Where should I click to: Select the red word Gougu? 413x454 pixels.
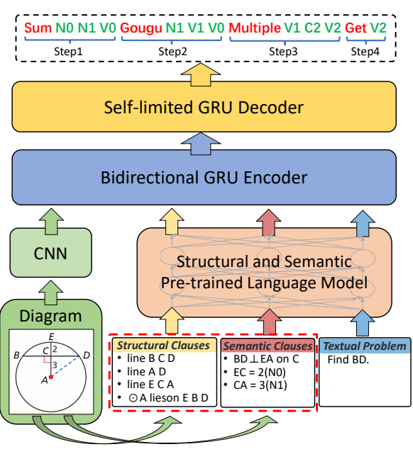141,29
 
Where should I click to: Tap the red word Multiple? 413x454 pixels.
255,29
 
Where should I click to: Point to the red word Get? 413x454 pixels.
356,29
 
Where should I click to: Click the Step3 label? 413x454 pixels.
282,52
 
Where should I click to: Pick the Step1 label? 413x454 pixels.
69,52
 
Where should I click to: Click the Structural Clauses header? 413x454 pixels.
163,346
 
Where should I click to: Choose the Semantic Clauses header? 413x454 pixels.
267,346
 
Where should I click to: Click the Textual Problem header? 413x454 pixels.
365,346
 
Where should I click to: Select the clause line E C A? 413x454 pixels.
151,386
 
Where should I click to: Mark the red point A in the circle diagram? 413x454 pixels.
50,376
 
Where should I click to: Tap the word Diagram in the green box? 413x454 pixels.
50,315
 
